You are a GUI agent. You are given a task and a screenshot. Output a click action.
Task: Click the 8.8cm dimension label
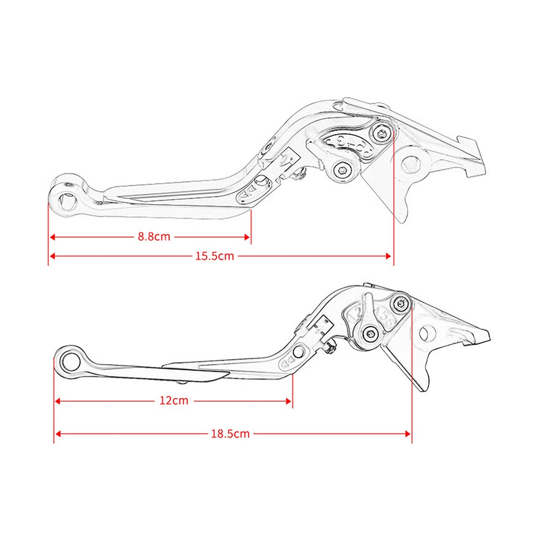pyautogui.click(x=154, y=237)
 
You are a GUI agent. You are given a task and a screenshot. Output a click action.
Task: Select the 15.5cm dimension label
pyautogui.click(x=215, y=256)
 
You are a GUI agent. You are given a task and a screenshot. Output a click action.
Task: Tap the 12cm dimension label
pyautogui.click(x=174, y=401)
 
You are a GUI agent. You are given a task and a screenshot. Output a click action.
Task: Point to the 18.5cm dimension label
pyautogui.click(x=230, y=434)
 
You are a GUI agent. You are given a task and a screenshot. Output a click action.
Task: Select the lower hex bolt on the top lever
pyautogui.click(x=342, y=171)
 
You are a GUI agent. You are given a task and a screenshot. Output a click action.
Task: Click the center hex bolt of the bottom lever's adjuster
pyautogui.click(x=371, y=333)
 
